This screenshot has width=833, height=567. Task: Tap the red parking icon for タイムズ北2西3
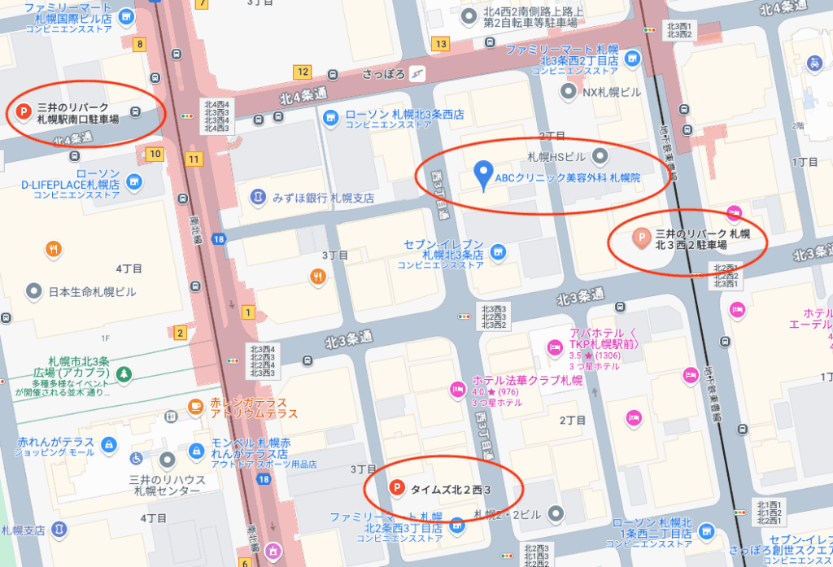tap(396, 488)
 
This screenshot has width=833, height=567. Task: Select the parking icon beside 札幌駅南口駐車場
tap(24, 111)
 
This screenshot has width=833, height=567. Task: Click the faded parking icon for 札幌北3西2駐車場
tap(640, 238)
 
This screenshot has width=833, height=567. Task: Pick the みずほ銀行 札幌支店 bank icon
tap(258, 198)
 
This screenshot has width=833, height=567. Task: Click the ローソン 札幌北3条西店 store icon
tap(330, 119)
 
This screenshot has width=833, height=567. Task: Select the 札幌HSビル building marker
tap(600, 155)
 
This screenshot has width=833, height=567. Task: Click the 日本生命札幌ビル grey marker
tap(33, 290)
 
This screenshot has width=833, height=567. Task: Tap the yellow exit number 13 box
tap(442, 43)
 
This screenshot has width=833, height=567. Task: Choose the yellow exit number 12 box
tap(303, 72)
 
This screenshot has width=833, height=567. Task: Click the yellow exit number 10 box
tap(155, 153)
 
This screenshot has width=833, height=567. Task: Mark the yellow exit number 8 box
tap(141, 44)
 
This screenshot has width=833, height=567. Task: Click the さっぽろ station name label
tap(388, 72)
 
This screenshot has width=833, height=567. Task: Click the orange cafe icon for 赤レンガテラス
tap(195, 406)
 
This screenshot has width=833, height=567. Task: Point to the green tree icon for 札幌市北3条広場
tap(123, 374)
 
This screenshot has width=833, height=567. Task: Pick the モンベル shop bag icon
tap(196, 450)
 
